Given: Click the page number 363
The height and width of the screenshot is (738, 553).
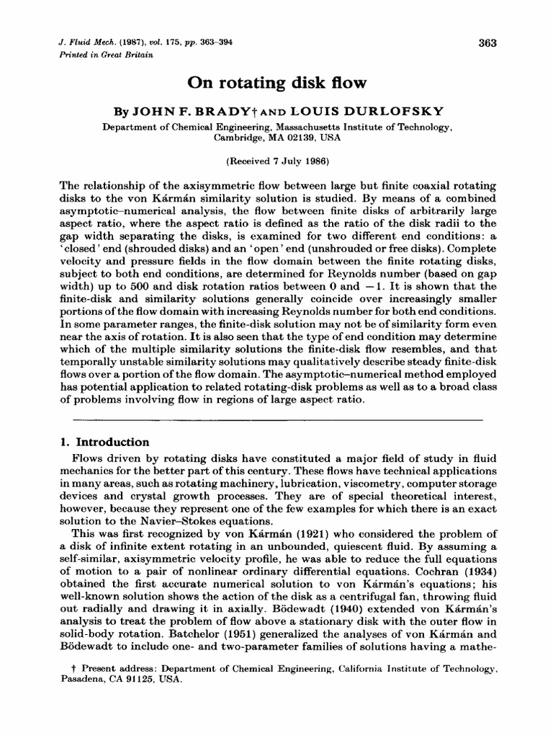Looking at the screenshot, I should click(x=487, y=43).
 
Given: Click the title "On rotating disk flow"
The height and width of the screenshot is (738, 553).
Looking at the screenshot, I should click(x=277, y=84).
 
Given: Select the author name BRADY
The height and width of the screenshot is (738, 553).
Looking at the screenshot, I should click(x=239, y=114).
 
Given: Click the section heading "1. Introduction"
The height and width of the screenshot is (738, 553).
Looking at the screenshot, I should click(x=104, y=442).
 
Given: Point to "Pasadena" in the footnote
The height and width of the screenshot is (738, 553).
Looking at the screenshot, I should click(x=79, y=680).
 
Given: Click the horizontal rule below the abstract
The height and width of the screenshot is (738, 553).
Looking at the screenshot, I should click(x=276, y=419).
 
